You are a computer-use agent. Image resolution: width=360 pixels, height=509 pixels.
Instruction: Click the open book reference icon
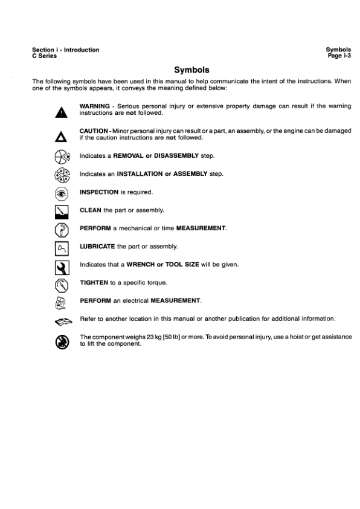click(61, 320)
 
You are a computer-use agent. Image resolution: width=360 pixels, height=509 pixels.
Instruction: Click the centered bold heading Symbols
click(191, 70)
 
